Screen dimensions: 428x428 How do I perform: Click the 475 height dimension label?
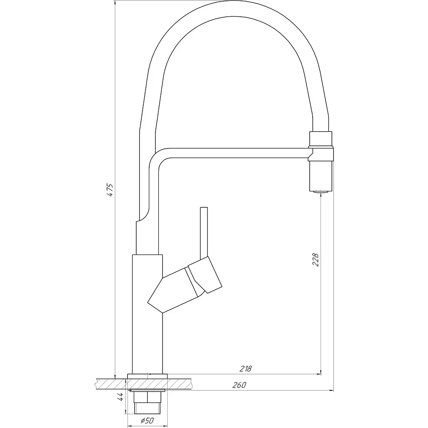pyautogui.click(x=110, y=190)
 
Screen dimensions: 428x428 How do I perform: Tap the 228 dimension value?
pyautogui.click(x=316, y=260)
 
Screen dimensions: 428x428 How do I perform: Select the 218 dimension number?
pyautogui.click(x=245, y=369)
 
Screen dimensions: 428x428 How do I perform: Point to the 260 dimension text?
pyautogui.click(x=239, y=385)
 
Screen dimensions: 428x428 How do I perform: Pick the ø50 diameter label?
pyautogui.click(x=148, y=420)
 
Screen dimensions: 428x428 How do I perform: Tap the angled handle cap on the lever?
pyautogui.click(x=205, y=275)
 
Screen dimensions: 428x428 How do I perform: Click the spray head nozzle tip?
pyautogui.click(x=321, y=192)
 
